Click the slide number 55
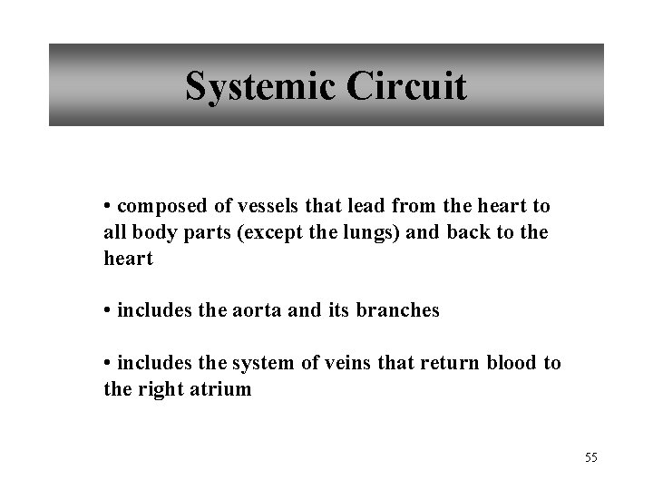click(x=591, y=457)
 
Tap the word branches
click(x=398, y=310)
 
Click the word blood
click(x=512, y=364)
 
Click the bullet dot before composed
click(x=107, y=208)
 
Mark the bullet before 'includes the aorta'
click(x=107, y=311)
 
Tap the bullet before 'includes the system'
click(x=107, y=364)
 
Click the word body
click(x=150, y=233)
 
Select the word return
click(x=451, y=364)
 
